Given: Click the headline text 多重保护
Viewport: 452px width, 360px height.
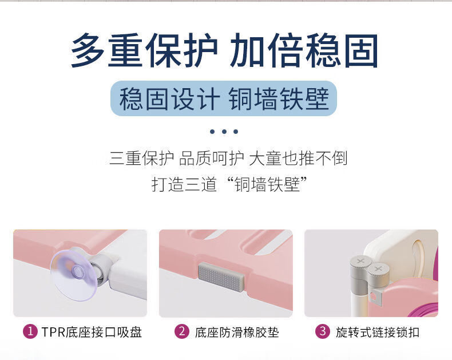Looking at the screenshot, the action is pyautogui.click(x=144, y=50).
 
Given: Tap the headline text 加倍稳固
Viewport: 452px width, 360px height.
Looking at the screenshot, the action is pyautogui.click(x=304, y=50).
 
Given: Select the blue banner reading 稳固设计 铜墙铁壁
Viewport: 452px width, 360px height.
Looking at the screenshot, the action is pyautogui.click(x=224, y=98).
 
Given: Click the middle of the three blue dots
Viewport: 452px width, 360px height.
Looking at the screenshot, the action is pyautogui.click(x=224, y=132).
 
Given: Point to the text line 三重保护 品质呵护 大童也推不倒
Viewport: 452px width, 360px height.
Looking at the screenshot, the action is pyautogui.click(x=228, y=159).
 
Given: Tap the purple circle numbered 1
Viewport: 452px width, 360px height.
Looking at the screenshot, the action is pyautogui.click(x=30, y=331).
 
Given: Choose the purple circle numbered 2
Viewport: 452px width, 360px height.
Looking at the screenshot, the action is pyautogui.click(x=182, y=331).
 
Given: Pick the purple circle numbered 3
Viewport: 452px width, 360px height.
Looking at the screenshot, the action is pyautogui.click(x=323, y=331).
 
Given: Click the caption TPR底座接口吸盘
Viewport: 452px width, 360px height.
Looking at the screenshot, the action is pyautogui.click(x=92, y=332).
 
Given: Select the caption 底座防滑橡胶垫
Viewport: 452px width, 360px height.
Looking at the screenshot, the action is pyautogui.click(x=237, y=332).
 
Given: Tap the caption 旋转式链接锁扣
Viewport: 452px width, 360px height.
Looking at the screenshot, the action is pyautogui.click(x=378, y=332).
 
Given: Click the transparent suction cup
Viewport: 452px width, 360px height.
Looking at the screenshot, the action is pyautogui.click(x=73, y=275).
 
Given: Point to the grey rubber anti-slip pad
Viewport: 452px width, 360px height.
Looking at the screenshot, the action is pyautogui.click(x=221, y=276).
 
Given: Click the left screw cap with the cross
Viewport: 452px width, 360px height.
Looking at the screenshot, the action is pyautogui.click(x=360, y=263).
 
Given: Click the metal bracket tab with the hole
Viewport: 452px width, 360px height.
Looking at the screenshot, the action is pyautogui.click(x=375, y=297).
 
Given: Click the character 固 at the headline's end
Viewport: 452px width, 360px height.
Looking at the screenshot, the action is pyautogui.click(x=361, y=50).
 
